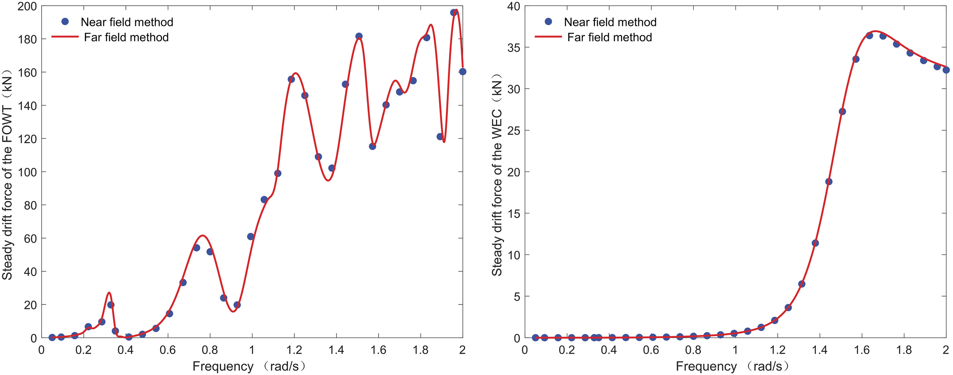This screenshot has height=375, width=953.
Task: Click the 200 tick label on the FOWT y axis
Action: point(27,6)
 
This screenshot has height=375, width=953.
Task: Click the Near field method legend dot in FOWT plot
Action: point(65,22)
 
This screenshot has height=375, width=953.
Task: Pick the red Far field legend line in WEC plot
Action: point(548,37)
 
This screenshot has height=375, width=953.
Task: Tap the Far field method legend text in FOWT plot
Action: point(126,37)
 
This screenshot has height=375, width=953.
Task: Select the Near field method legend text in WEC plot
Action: point(610,22)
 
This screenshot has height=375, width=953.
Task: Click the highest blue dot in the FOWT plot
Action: point(454,13)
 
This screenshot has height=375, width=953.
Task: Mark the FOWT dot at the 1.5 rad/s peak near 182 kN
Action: point(359,36)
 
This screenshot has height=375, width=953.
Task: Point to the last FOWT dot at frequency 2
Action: point(462,72)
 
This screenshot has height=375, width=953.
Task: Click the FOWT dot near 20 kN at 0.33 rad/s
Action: point(111,305)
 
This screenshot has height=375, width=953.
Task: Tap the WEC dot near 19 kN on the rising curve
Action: point(829,181)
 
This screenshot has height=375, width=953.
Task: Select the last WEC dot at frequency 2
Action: point(946,70)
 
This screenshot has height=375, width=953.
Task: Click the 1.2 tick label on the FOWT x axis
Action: point(294,350)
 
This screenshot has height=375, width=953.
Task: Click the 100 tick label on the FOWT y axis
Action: point(27,172)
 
